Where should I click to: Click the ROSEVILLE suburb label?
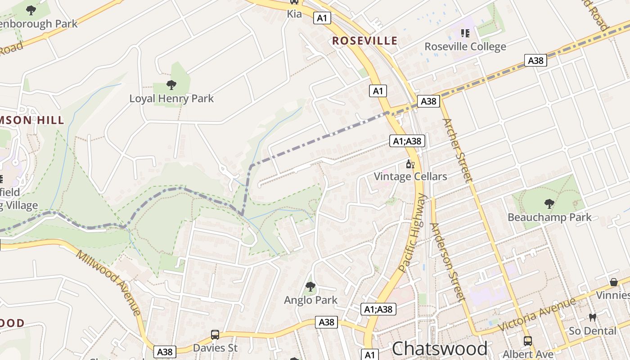pos(365,41)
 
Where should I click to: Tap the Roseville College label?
pos(465,47)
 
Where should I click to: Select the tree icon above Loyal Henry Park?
pos(171,85)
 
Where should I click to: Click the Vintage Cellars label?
pos(410,176)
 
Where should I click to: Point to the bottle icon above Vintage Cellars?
pos(410,164)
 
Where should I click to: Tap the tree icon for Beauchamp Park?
pos(549,204)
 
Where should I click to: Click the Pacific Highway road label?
pos(412,233)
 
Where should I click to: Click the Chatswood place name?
pos(439,349)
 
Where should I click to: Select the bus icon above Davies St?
pos(215,335)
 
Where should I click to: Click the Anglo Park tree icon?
pos(310,286)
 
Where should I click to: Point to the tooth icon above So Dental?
pos(592,318)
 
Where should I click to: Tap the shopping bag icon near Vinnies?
pos(613,283)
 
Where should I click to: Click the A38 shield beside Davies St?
pos(165,352)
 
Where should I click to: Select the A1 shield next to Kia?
pos(322,18)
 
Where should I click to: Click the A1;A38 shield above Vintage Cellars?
pos(407,141)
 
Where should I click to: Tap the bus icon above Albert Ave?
pos(527,341)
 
